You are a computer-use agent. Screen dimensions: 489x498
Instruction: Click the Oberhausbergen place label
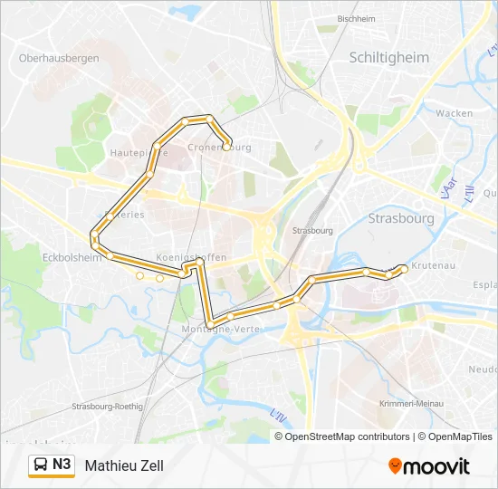point(59,58)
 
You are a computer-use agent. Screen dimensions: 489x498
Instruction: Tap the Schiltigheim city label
point(390,57)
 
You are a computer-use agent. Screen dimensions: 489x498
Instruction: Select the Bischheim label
point(356,18)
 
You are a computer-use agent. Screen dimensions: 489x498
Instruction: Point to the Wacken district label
point(454,113)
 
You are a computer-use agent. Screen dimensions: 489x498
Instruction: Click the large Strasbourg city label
point(401,218)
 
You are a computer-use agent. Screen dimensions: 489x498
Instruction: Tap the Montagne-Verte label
point(220,329)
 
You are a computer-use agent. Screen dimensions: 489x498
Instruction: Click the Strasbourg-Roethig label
point(108,407)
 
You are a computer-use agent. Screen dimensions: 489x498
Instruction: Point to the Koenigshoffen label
point(191,257)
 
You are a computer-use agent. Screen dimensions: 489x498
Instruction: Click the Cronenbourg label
point(219,147)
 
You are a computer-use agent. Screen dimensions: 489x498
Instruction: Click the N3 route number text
point(62,465)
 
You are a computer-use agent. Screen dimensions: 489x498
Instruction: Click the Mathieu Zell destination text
point(124,465)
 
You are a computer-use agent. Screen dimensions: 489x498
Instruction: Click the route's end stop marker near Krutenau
point(403,266)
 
